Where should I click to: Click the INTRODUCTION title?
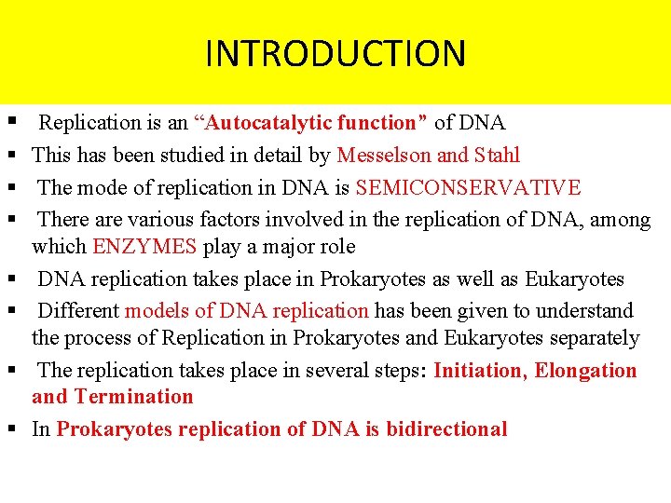point(335,53)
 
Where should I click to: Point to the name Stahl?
point(497,156)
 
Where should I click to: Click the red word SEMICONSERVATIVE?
point(468,188)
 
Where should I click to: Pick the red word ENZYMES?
point(144,247)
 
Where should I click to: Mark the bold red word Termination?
point(134,397)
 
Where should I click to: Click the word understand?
point(582,311)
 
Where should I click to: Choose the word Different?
point(78,311)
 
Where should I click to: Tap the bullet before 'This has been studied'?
point(8,156)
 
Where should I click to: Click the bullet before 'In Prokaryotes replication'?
point(8,429)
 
